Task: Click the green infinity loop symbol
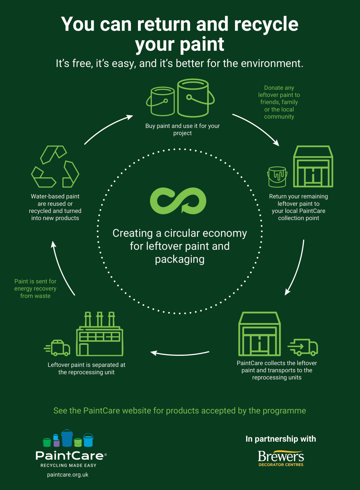tap(178, 200)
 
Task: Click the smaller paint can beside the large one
tap(161, 101)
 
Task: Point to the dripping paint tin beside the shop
tap(277, 177)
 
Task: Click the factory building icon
tap(100, 334)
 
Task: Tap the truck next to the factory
tap(57, 348)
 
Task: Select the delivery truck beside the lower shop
tap(303, 347)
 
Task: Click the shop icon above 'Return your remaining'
tap(313, 166)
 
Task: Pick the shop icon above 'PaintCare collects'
tap(259, 334)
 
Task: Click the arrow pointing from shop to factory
tap(180, 354)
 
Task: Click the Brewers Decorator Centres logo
tap(281, 458)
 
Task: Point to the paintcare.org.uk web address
tap(68, 474)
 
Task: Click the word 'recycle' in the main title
tap(266, 25)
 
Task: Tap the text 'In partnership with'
tap(281, 439)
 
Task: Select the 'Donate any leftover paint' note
tap(279, 102)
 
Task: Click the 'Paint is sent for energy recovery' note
tap(35, 289)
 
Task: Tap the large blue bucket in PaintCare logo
tap(67, 438)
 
